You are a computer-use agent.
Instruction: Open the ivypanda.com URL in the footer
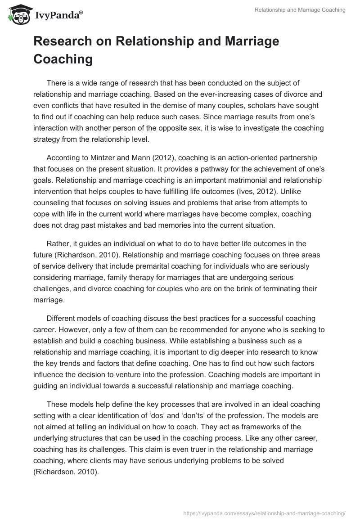[x=265, y=513]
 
